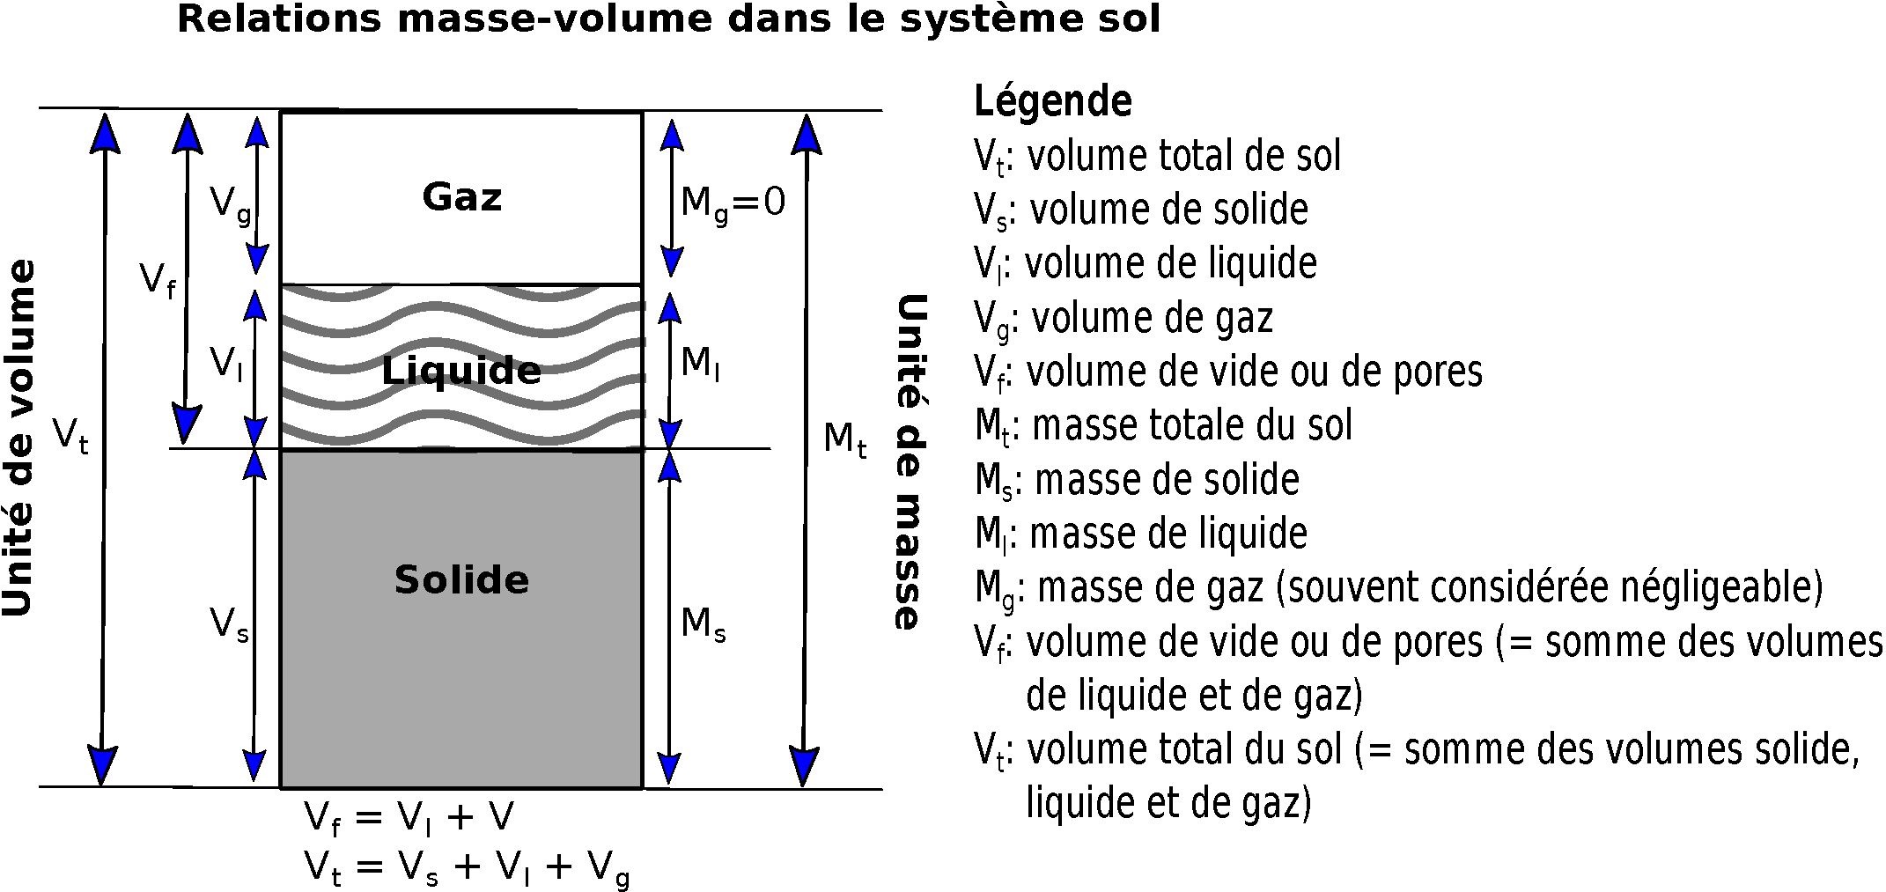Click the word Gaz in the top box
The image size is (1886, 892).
pyautogui.click(x=461, y=197)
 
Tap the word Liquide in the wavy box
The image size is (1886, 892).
pyautogui.click(x=461, y=370)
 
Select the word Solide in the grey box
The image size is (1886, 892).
pyautogui.click(x=461, y=579)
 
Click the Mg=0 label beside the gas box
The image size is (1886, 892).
pyautogui.click(x=733, y=205)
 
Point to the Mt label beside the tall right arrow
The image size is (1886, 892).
pyautogui.click(x=844, y=439)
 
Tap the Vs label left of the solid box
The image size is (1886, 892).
pyautogui.click(x=230, y=625)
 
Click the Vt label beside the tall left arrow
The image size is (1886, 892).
pyautogui.click(x=70, y=435)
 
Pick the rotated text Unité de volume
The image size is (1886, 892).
pyautogui.click(x=19, y=439)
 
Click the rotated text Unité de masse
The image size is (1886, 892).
pyautogui.click(x=910, y=462)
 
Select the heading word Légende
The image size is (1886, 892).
pyautogui.click(x=1052, y=101)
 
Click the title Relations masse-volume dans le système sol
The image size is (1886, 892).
pyautogui.click(x=669, y=18)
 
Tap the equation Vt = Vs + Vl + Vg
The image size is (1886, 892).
pyautogui.click(x=467, y=869)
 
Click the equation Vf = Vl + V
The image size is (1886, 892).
pyautogui.click(x=409, y=819)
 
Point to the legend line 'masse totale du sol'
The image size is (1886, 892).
pyautogui.click(x=1192, y=425)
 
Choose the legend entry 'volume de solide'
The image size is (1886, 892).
pyautogui.click(x=1168, y=210)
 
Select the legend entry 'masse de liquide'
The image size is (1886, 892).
pyautogui.click(x=1168, y=533)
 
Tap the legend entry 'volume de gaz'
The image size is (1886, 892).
pyautogui.click(x=1152, y=318)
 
